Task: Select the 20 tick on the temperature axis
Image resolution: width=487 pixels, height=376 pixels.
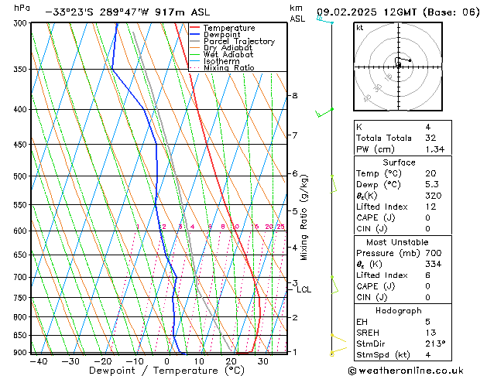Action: (231, 361)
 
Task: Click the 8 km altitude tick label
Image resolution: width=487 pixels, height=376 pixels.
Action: (294, 96)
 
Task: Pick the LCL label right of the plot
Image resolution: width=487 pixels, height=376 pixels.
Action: (304, 290)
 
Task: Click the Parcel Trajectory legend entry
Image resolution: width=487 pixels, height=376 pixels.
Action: (238, 41)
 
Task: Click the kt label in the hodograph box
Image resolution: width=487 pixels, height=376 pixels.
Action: (360, 28)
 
